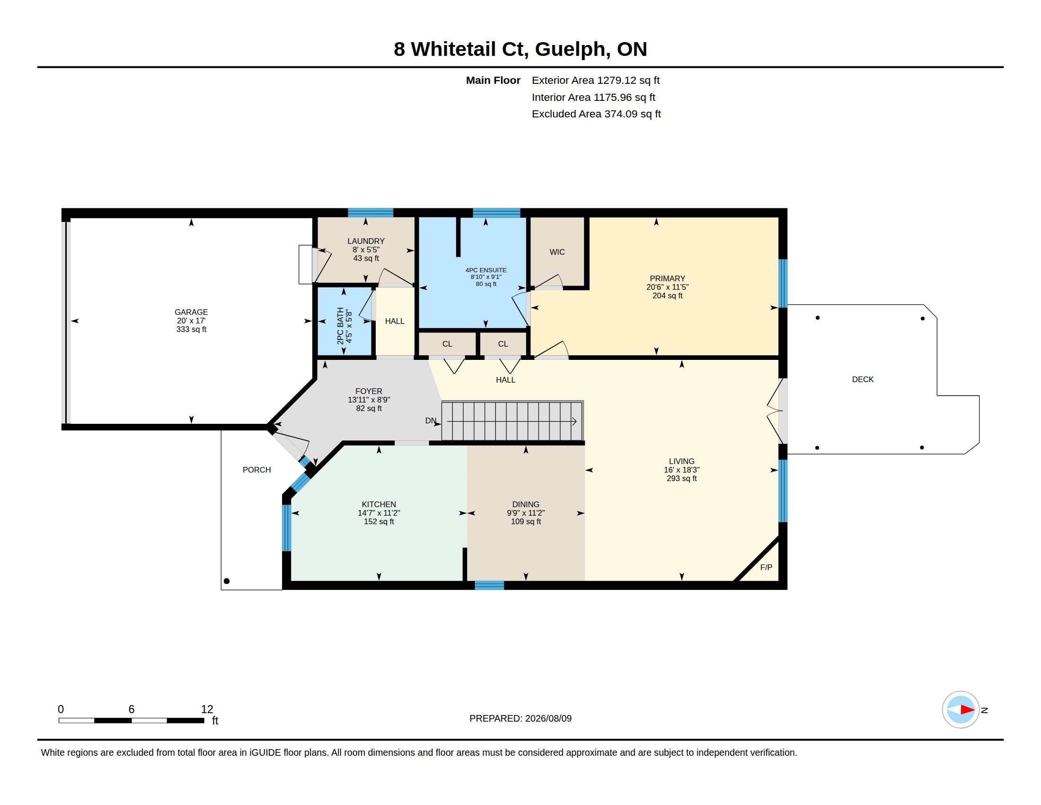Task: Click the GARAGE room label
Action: click(x=191, y=313)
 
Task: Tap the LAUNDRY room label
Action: click(x=366, y=241)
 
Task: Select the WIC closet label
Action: click(x=557, y=252)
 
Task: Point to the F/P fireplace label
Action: click(x=766, y=567)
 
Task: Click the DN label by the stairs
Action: click(x=431, y=420)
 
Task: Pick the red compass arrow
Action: click(x=967, y=710)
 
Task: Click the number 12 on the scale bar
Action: click(x=207, y=709)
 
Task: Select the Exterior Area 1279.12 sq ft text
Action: click(x=596, y=80)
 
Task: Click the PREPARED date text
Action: click(x=520, y=718)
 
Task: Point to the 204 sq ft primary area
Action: click(x=667, y=295)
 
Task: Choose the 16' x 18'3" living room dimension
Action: click(x=681, y=470)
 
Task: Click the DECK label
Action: click(x=863, y=380)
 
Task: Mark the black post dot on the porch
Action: click(x=227, y=581)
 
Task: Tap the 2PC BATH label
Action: click(x=340, y=326)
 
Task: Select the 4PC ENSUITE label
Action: click(x=486, y=270)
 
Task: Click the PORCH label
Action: click(x=256, y=470)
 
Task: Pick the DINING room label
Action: click(x=526, y=504)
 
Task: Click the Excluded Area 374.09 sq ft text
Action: click(x=596, y=114)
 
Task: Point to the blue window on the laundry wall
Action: click(x=371, y=213)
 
